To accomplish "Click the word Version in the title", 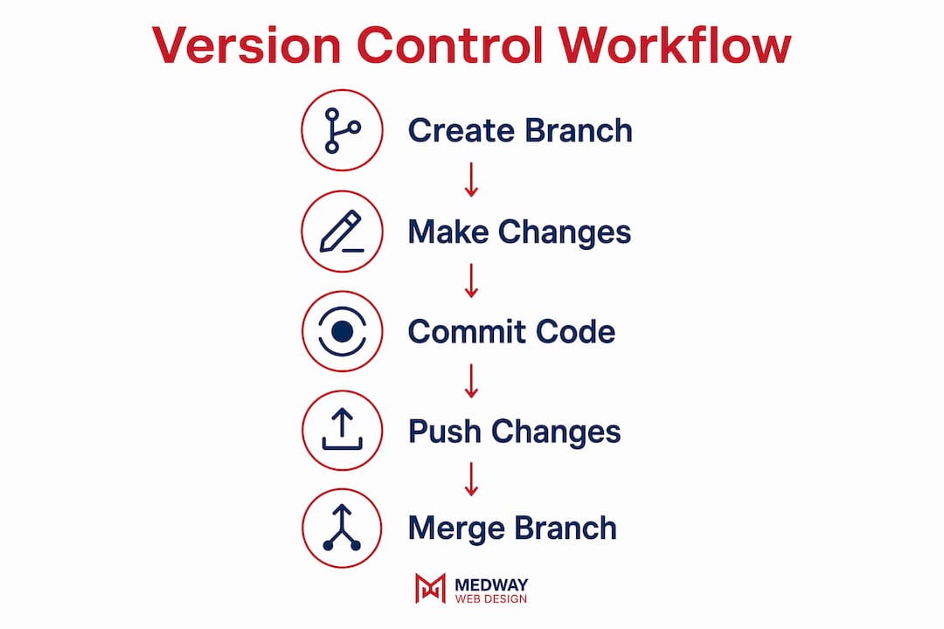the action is (246, 45).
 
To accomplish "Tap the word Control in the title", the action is (450, 45).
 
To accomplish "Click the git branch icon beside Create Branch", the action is (342, 130).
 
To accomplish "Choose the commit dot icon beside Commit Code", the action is (342, 331).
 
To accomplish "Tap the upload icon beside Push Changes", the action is (342, 430).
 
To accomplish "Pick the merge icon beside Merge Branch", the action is (342, 528).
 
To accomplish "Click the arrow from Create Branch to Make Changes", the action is (471, 179).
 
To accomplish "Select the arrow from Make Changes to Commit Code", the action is (471, 280).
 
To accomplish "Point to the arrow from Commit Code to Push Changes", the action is (471, 380).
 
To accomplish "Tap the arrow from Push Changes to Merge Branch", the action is (471, 479).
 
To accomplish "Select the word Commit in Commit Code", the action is (467, 332).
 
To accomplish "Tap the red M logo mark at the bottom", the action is (430, 588).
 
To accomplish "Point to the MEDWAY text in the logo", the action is (491, 584).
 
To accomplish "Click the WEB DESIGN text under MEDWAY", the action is (491, 599).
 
